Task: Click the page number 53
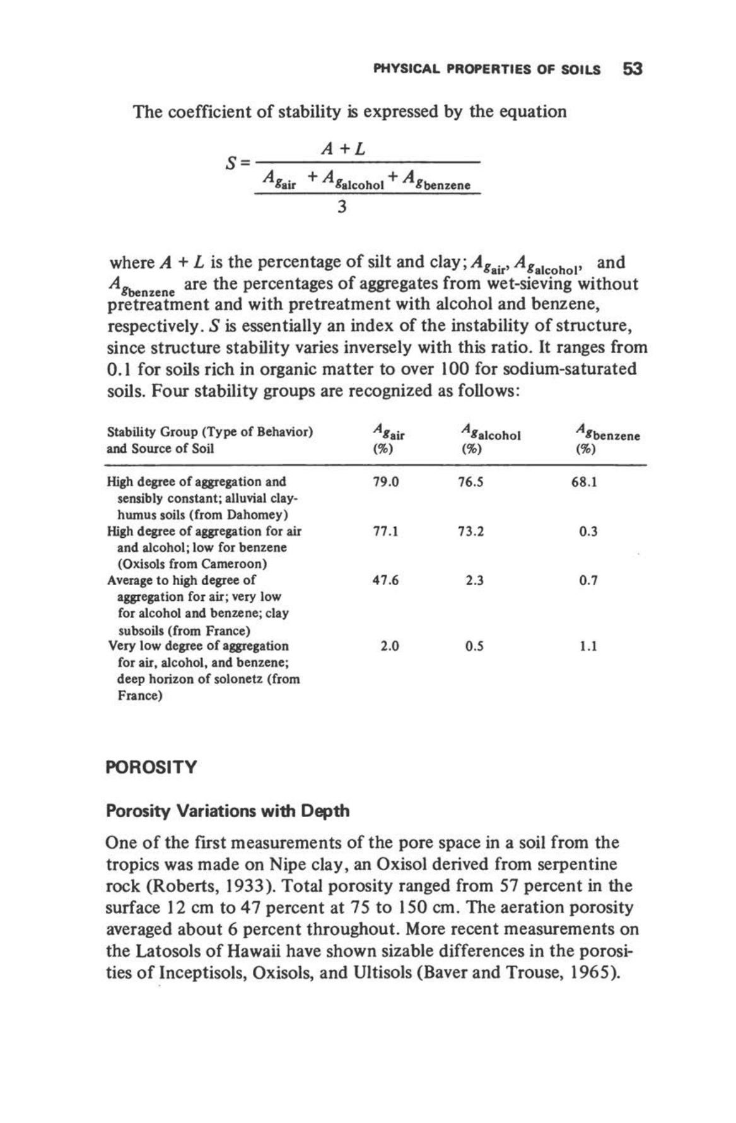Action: pos(631,68)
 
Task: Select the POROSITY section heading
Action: pos(151,767)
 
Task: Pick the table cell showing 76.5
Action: pos(471,482)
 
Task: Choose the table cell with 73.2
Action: pos(471,531)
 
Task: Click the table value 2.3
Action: pos(474,580)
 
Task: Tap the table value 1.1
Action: pos(588,646)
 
